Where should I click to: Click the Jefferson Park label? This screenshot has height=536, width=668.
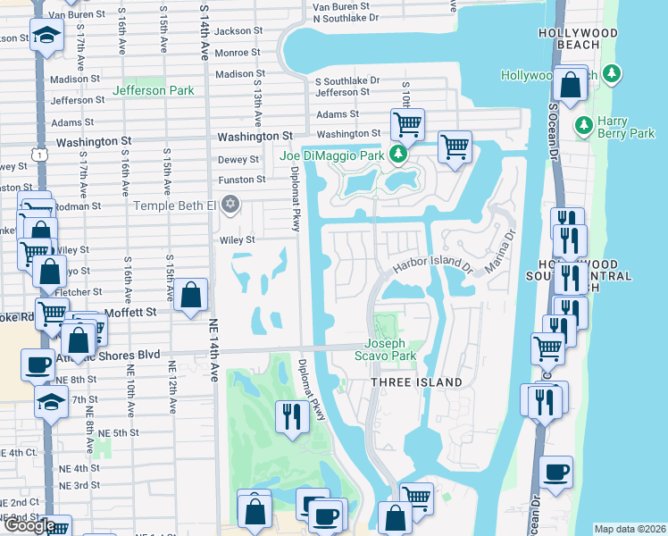pyautogui.click(x=154, y=90)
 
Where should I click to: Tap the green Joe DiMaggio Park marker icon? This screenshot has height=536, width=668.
pyautogui.click(x=399, y=155)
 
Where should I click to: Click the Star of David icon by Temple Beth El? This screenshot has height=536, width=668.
pyautogui.click(x=231, y=205)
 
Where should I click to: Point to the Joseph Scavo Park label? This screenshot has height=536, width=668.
pyautogui.click(x=390, y=349)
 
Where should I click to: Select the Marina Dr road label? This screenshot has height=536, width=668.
pyautogui.click(x=500, y=252)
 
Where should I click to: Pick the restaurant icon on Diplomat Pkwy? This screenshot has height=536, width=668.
pyautogui.click(x=292, y=416)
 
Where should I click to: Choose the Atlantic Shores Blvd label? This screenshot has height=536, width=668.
pyautogui.click(x=111, y=355)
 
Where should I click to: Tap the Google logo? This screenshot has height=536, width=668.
pyautogui.click(x=29, y=524)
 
